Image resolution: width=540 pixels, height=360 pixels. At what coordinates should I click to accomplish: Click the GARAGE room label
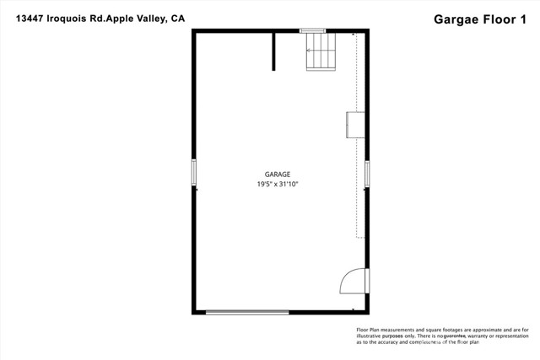coord(278,174)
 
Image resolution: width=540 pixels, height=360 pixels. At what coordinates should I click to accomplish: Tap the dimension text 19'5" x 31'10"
coord(278,184)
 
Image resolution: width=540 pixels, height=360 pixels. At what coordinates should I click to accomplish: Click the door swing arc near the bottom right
coord(351,282)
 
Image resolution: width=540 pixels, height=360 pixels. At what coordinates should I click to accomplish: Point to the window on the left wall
coord(194,172)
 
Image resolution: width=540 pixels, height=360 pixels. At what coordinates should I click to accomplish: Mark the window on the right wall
coord(367,172)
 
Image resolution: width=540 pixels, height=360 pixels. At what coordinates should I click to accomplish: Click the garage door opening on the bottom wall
coord(248,313)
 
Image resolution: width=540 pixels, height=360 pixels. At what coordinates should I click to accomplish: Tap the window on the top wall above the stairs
coord(313,31)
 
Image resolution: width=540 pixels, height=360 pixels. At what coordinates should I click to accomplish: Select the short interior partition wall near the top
coord(273,51)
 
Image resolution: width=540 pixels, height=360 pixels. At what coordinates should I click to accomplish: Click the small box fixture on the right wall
coord(355,124)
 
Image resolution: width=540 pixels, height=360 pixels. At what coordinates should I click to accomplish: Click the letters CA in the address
coord(176,18)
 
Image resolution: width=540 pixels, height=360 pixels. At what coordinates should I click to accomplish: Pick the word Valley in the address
coord(147,18)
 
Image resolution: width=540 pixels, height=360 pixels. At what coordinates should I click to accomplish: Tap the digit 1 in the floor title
coord(526,18)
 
